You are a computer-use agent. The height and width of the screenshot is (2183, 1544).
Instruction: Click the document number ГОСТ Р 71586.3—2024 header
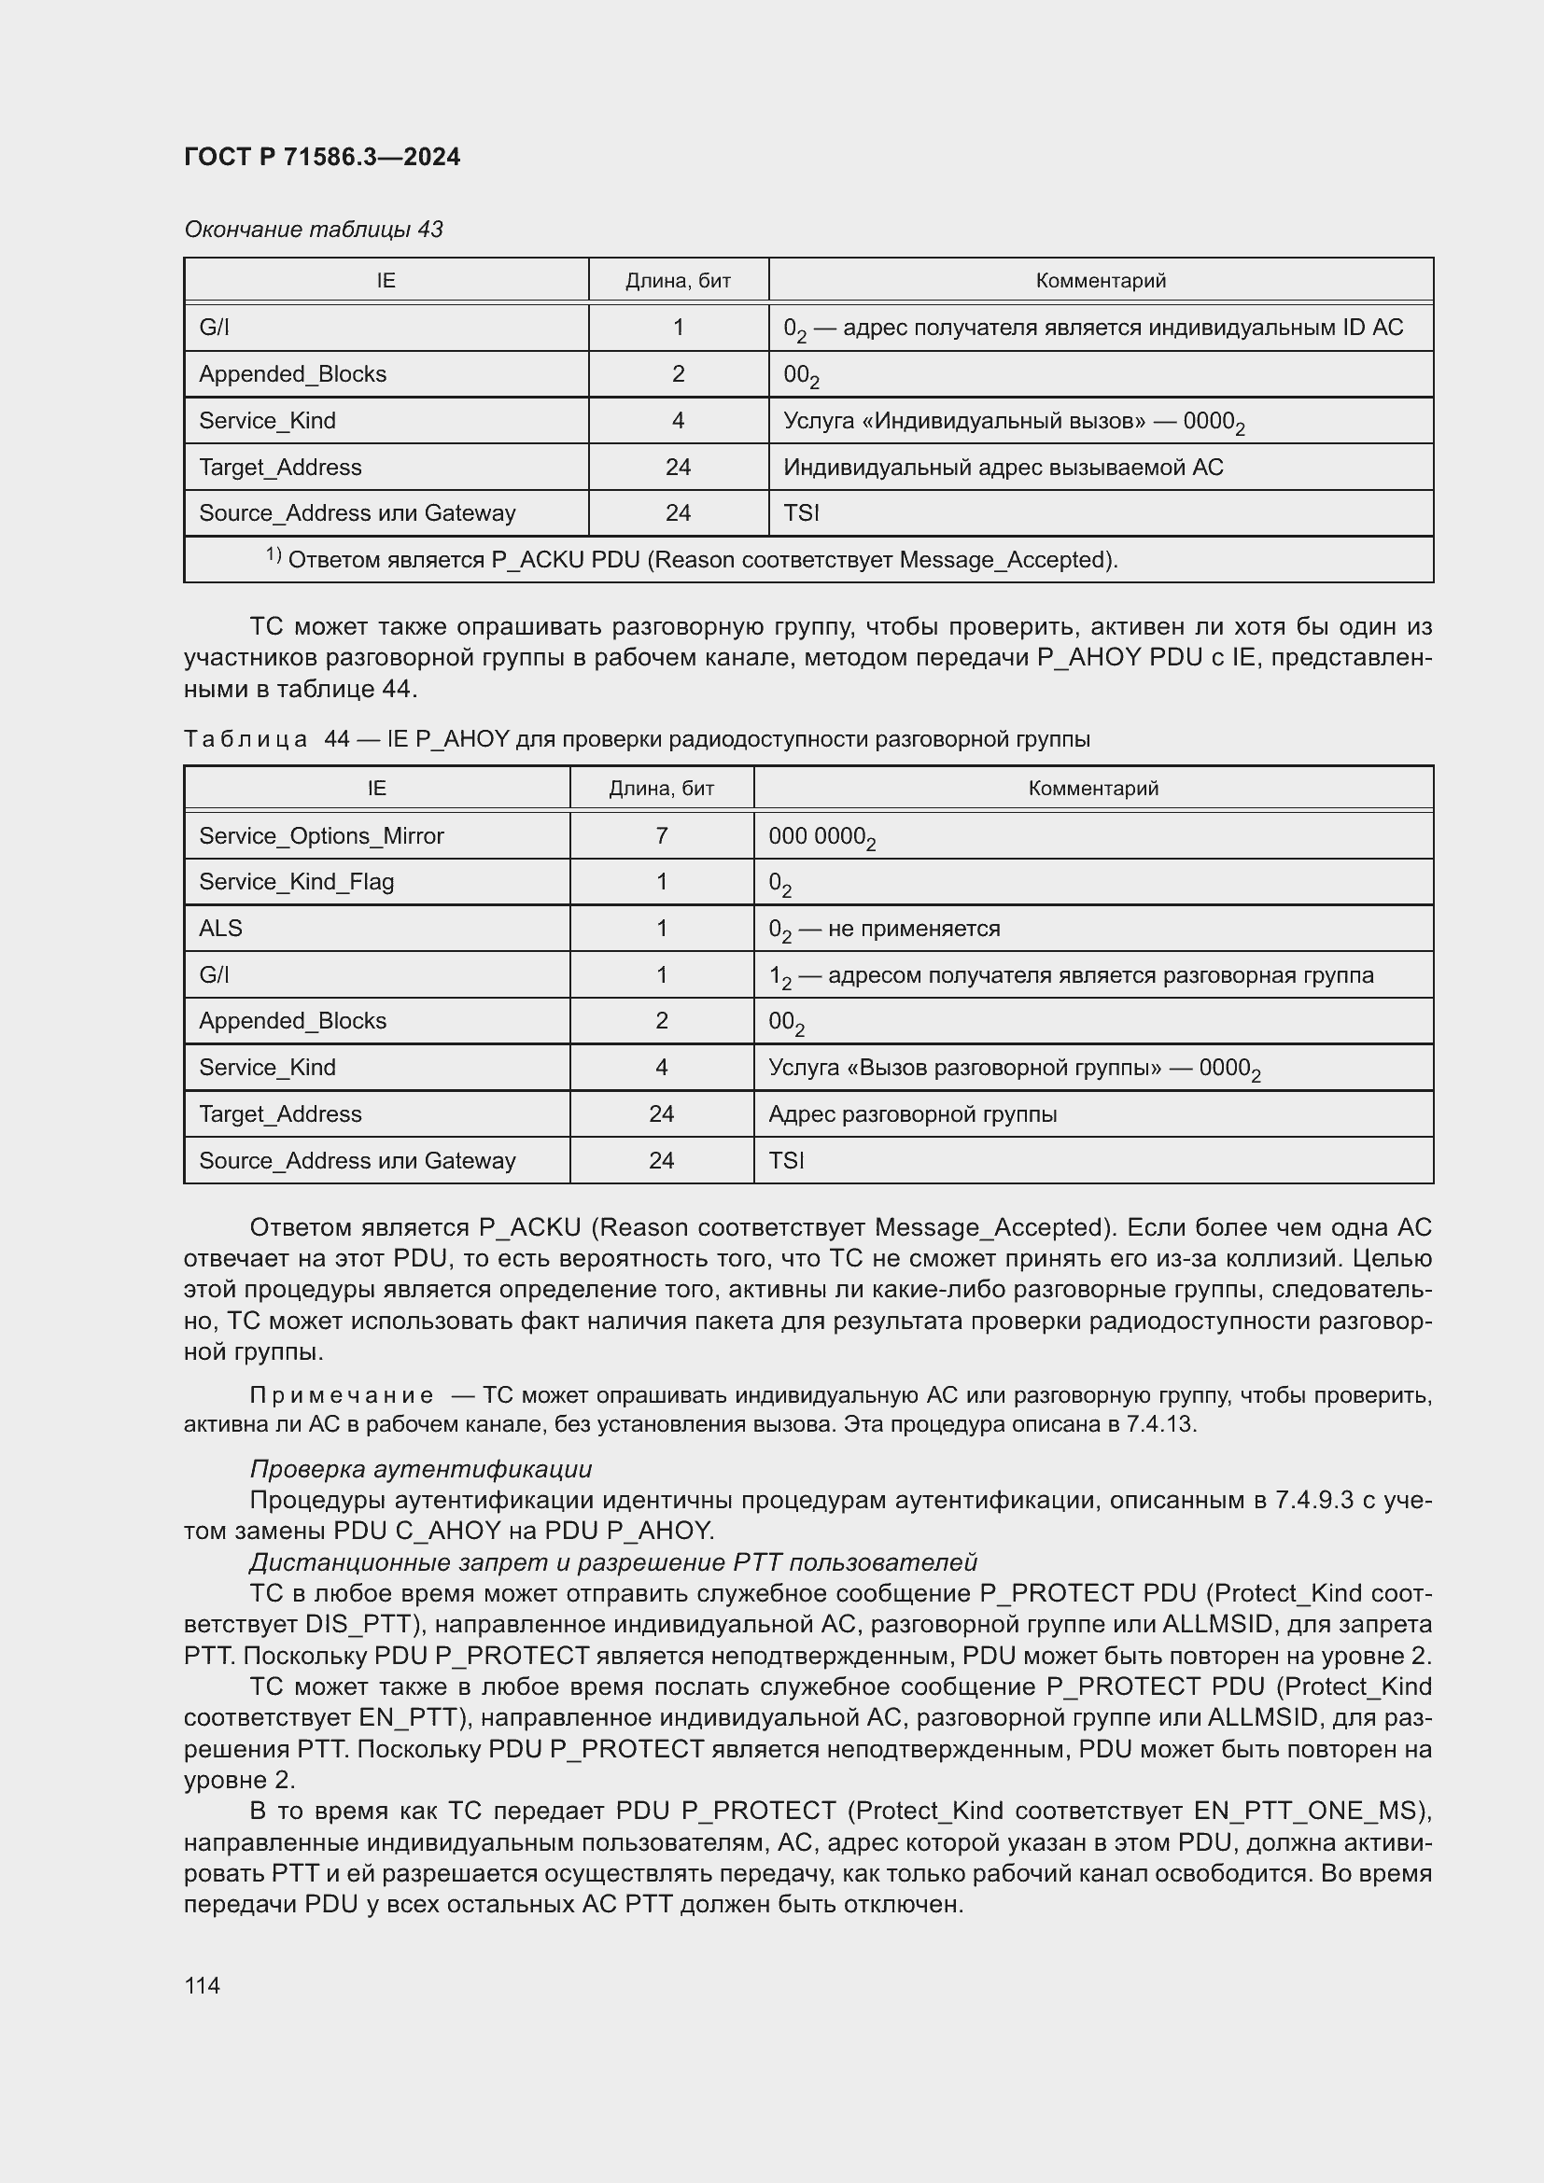click(x=321, y=157)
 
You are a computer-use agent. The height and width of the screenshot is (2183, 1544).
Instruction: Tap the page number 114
click(x=202, y=1985)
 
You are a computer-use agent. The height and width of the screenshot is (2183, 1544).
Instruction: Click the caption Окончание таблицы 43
click(x=313, y=230)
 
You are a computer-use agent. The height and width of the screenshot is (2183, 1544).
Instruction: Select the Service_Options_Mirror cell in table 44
click(x=321, y=835)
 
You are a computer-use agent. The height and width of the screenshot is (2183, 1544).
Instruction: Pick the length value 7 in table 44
click(x=661, y=835)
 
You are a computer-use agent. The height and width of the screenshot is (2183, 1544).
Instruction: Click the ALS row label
click(x=220, y=928)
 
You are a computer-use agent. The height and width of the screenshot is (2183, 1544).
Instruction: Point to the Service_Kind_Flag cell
click(x=296, y=881)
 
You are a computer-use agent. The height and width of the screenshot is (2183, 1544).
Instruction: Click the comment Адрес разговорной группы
click(x=912, y=1113)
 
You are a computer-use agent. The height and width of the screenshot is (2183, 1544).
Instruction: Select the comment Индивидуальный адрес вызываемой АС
click(x=1002, y=467)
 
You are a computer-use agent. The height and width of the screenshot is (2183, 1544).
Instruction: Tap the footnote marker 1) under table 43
click(x=273, y=555)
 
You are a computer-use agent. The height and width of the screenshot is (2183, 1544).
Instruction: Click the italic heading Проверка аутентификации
click(x=420, y=1469)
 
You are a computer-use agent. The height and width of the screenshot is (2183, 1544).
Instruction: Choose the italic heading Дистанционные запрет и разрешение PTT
click(x=612, y=1562)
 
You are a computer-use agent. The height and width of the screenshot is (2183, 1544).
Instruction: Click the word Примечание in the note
click(x=342, y=1394)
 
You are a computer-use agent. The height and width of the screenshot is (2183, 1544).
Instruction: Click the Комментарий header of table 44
click(x=1092, y=789)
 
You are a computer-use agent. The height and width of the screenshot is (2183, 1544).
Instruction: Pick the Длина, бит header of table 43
click(x=677, y=281)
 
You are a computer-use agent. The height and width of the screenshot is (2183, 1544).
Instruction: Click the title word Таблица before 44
click(x=246, y=739)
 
